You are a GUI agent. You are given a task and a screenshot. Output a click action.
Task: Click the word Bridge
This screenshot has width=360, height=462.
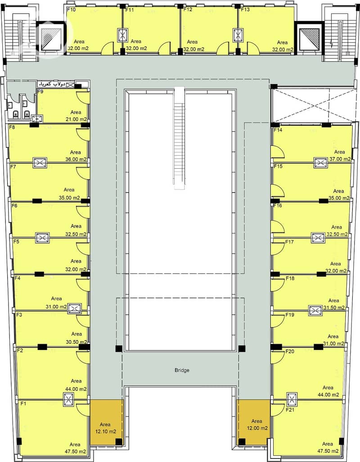(x=182, y=370)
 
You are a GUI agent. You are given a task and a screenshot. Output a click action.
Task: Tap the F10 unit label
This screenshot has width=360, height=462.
(x=71, y=10)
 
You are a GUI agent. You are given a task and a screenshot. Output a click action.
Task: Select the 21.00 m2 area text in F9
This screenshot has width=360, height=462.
(x=76, y=119)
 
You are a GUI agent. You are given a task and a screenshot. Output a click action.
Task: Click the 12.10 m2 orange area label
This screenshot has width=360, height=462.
(x=106, y=432)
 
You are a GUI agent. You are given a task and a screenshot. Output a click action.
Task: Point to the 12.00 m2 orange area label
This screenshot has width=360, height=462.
(x=257, y=428)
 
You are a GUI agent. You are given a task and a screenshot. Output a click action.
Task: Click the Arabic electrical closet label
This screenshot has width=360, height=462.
(x=52, y=84)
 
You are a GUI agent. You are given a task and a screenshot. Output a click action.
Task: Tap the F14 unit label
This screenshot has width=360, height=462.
(x=278, y=130)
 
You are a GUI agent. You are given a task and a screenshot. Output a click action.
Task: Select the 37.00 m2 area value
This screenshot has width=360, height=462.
(x=340, y=159)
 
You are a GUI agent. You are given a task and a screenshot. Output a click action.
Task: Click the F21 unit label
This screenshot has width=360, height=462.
(x=290, y=409)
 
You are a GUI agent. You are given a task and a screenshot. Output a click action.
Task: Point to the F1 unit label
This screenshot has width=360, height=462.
(x=23, y=404)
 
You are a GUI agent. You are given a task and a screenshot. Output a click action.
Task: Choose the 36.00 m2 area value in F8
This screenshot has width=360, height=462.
(x=76, y=159)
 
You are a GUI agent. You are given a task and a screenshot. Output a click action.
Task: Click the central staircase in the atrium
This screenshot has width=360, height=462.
(x=179, y=139)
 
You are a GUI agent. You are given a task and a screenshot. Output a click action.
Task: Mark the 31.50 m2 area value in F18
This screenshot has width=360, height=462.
(x=334, y=308)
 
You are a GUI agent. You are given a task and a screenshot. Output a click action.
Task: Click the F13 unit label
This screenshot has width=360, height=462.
(x=245, y=9)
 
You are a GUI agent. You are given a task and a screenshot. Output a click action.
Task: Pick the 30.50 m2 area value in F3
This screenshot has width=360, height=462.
(x=76, y=342)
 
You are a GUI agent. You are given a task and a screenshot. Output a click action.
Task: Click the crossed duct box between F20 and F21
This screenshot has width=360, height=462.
(x=292, y=399)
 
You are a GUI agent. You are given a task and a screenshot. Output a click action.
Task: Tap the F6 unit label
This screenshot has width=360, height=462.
(x=14, y=206)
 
